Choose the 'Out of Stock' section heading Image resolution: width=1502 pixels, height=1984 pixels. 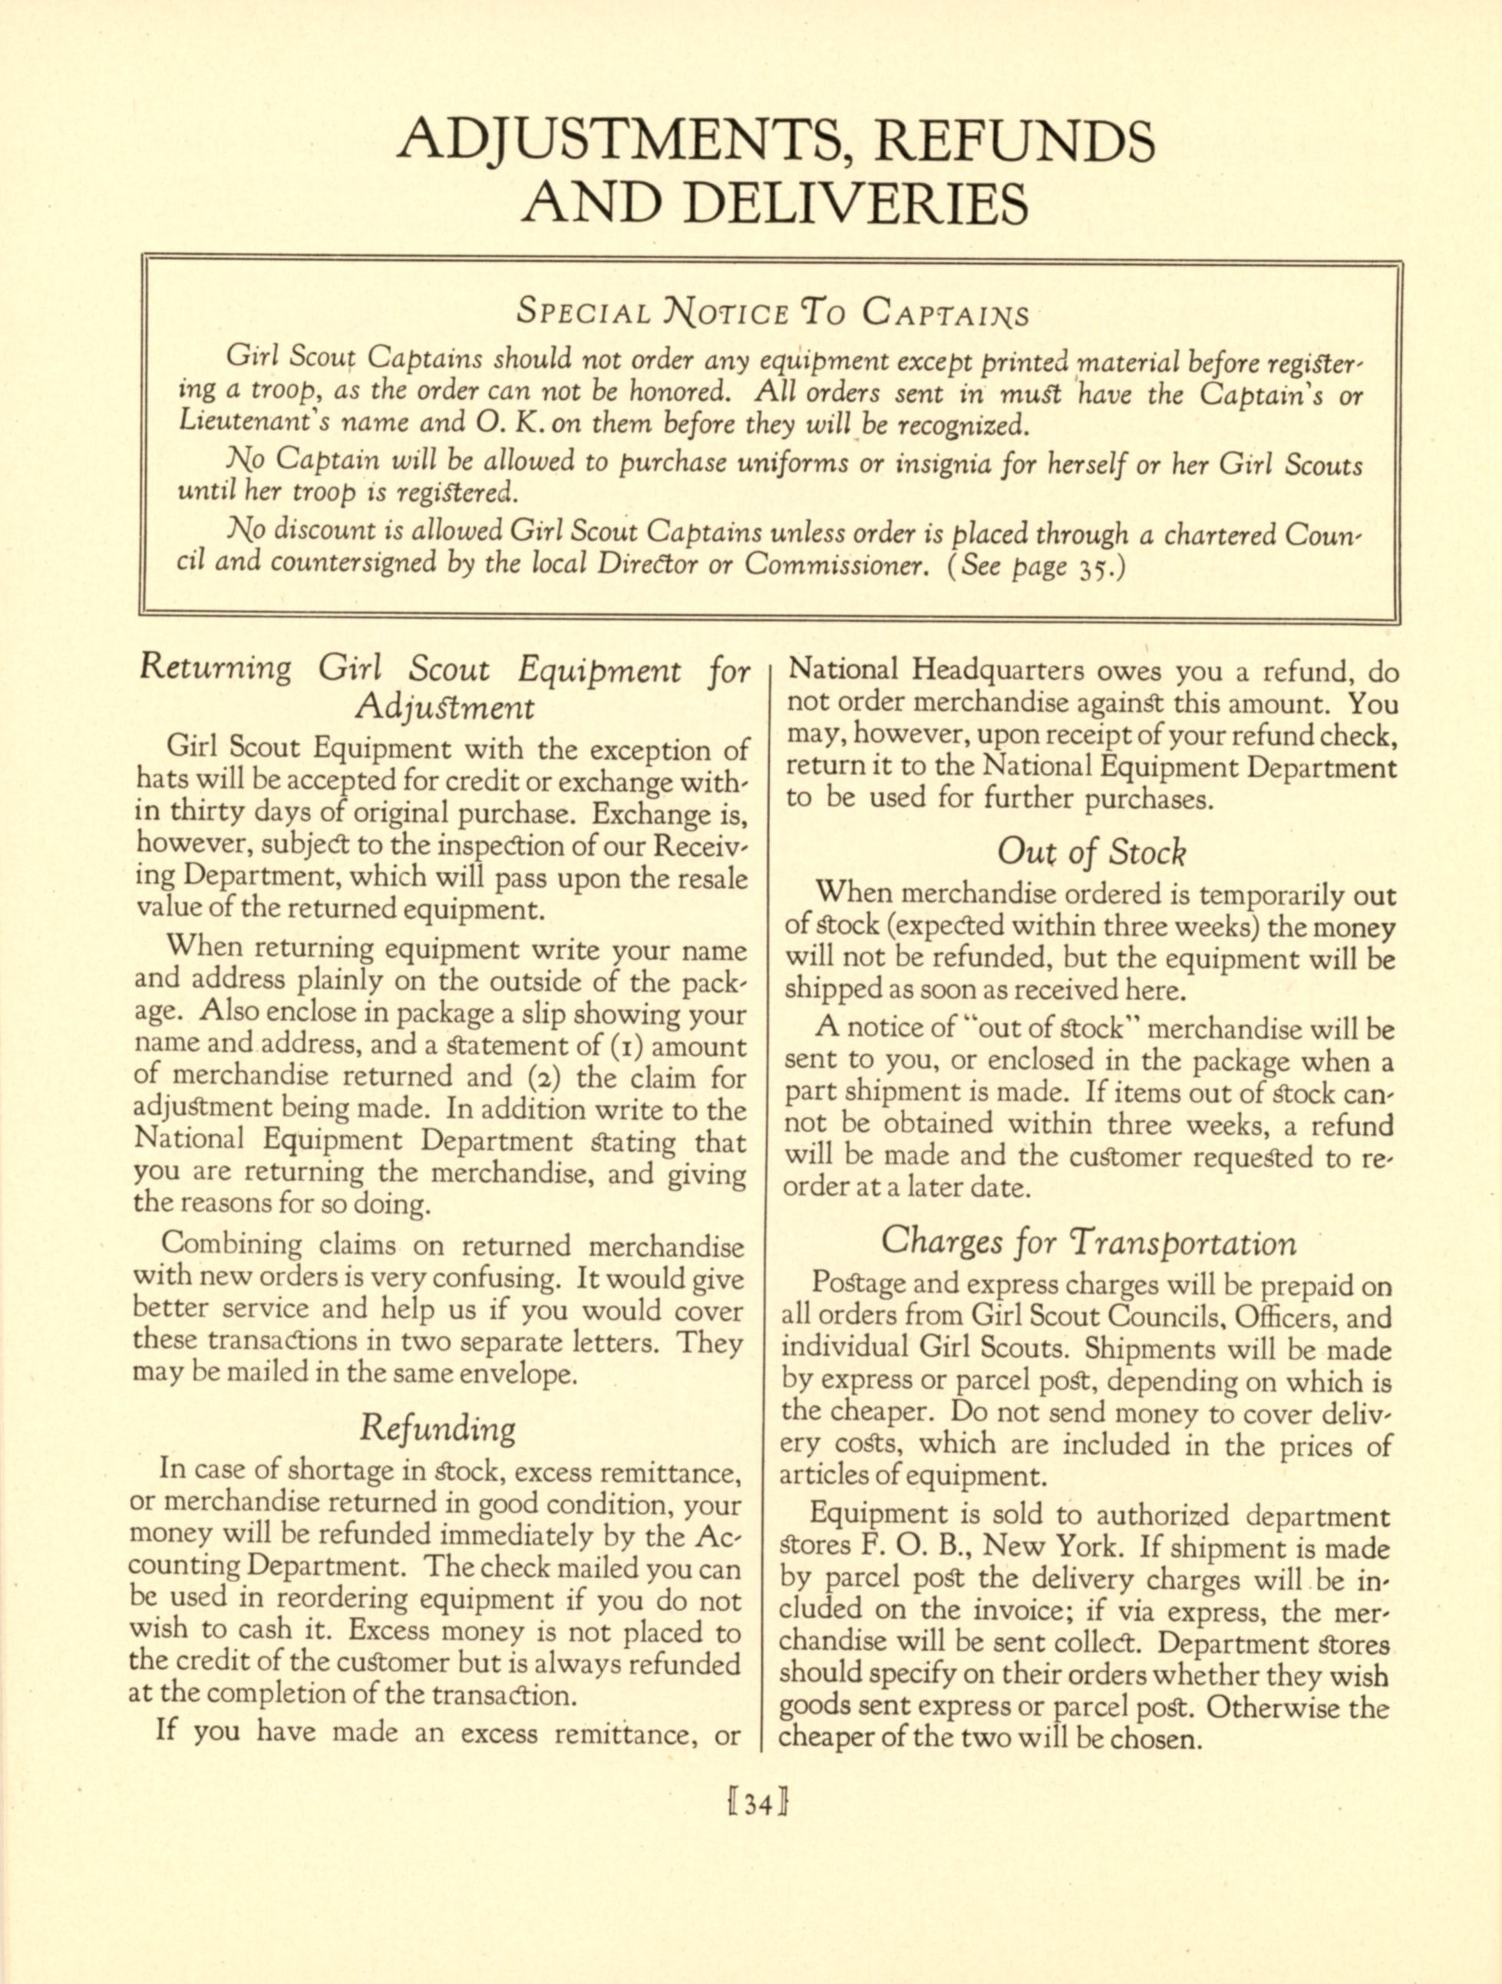[1091, 851]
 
